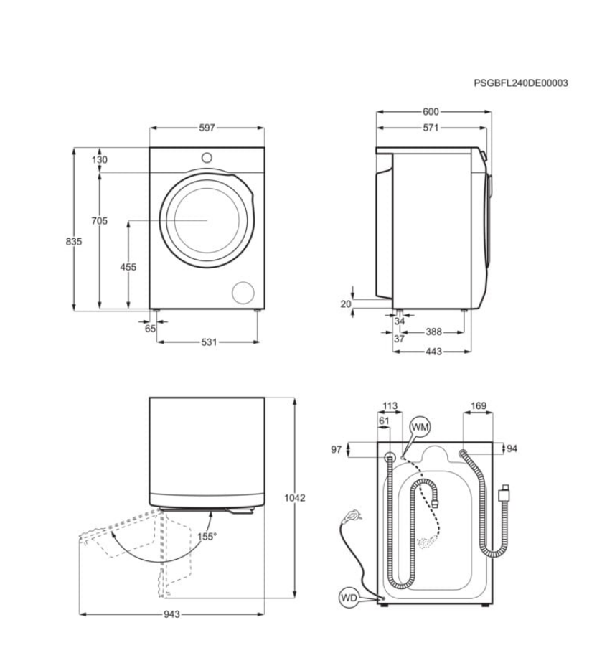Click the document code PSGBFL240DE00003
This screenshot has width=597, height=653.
point(520,83)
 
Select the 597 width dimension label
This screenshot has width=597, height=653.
point(207,128)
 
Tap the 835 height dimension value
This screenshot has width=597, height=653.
point(74,242)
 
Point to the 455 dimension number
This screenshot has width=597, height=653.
point(128,267)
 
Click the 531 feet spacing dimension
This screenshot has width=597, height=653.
point(208,342)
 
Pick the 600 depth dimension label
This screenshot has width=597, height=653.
point(431,111)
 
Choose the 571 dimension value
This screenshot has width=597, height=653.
point(431,128)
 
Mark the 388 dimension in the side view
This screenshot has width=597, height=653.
point(433,332)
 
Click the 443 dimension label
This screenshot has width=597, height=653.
point(433,352)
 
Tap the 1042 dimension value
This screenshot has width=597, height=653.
point(295,498)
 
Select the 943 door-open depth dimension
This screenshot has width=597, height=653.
point(171,614)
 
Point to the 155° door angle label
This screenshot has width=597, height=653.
point(207,536)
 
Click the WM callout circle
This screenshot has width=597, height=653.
point(420,427)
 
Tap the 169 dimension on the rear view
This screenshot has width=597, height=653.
point(478,406)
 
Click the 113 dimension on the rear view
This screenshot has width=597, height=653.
point(390,406)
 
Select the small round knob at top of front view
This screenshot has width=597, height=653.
point(207,158)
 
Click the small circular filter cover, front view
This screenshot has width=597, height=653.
point(243,292)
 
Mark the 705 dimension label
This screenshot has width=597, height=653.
point(100,221)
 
